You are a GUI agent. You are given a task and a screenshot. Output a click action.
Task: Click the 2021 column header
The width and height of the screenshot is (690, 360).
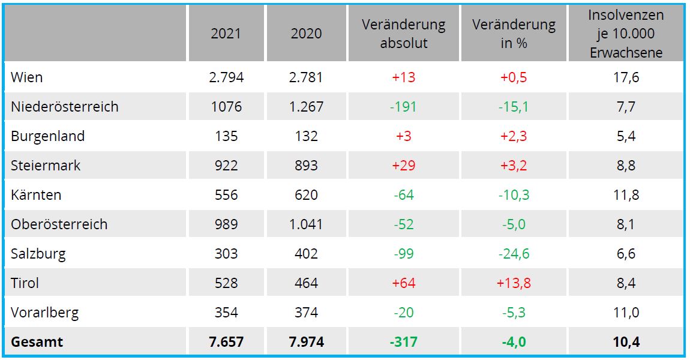[226, 34]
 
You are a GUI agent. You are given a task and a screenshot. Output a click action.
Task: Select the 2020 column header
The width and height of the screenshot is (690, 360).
[306, 34]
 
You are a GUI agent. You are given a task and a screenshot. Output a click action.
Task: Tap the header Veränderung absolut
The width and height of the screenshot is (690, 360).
[404, 34]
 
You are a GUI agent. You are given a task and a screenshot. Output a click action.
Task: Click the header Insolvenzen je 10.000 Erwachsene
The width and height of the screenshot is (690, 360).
[626, 34]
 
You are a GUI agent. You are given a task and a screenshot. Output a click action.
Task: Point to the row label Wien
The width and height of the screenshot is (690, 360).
[27, 77]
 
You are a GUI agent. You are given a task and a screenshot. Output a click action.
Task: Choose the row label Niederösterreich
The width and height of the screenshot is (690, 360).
[64, 107]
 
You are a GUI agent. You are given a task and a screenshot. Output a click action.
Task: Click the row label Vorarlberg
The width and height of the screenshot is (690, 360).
[44, 313]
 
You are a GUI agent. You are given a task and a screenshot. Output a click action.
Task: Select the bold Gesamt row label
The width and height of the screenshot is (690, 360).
[37, 342]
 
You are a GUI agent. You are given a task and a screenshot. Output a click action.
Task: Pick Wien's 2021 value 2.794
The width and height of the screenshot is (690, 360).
[226, 77]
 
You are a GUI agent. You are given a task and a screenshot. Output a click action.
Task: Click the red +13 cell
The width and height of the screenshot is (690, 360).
[403, 77]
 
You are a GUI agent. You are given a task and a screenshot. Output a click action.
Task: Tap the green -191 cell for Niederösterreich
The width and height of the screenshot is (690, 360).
[403, 107]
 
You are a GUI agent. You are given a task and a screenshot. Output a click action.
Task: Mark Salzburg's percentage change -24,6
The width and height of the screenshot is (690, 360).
[514, 254]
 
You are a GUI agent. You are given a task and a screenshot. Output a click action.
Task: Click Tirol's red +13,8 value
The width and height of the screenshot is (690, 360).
[514, 283]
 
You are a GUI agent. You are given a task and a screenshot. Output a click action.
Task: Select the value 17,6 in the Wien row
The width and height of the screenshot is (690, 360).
[626, 77]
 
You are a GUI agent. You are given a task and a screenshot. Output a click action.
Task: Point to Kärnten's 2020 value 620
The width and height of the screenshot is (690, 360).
[306, 195]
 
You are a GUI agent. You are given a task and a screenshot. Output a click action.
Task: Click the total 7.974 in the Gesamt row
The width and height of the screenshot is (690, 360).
[306, 342]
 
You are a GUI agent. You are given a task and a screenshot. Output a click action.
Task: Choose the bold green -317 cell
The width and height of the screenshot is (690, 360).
[403, 342]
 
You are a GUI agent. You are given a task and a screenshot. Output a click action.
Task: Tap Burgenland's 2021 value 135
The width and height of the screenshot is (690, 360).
[226, 136]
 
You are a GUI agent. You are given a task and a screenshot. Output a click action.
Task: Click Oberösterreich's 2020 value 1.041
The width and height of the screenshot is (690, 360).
[306, 224]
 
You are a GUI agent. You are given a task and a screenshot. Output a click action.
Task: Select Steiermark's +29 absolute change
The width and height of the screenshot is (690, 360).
[403, 166]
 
